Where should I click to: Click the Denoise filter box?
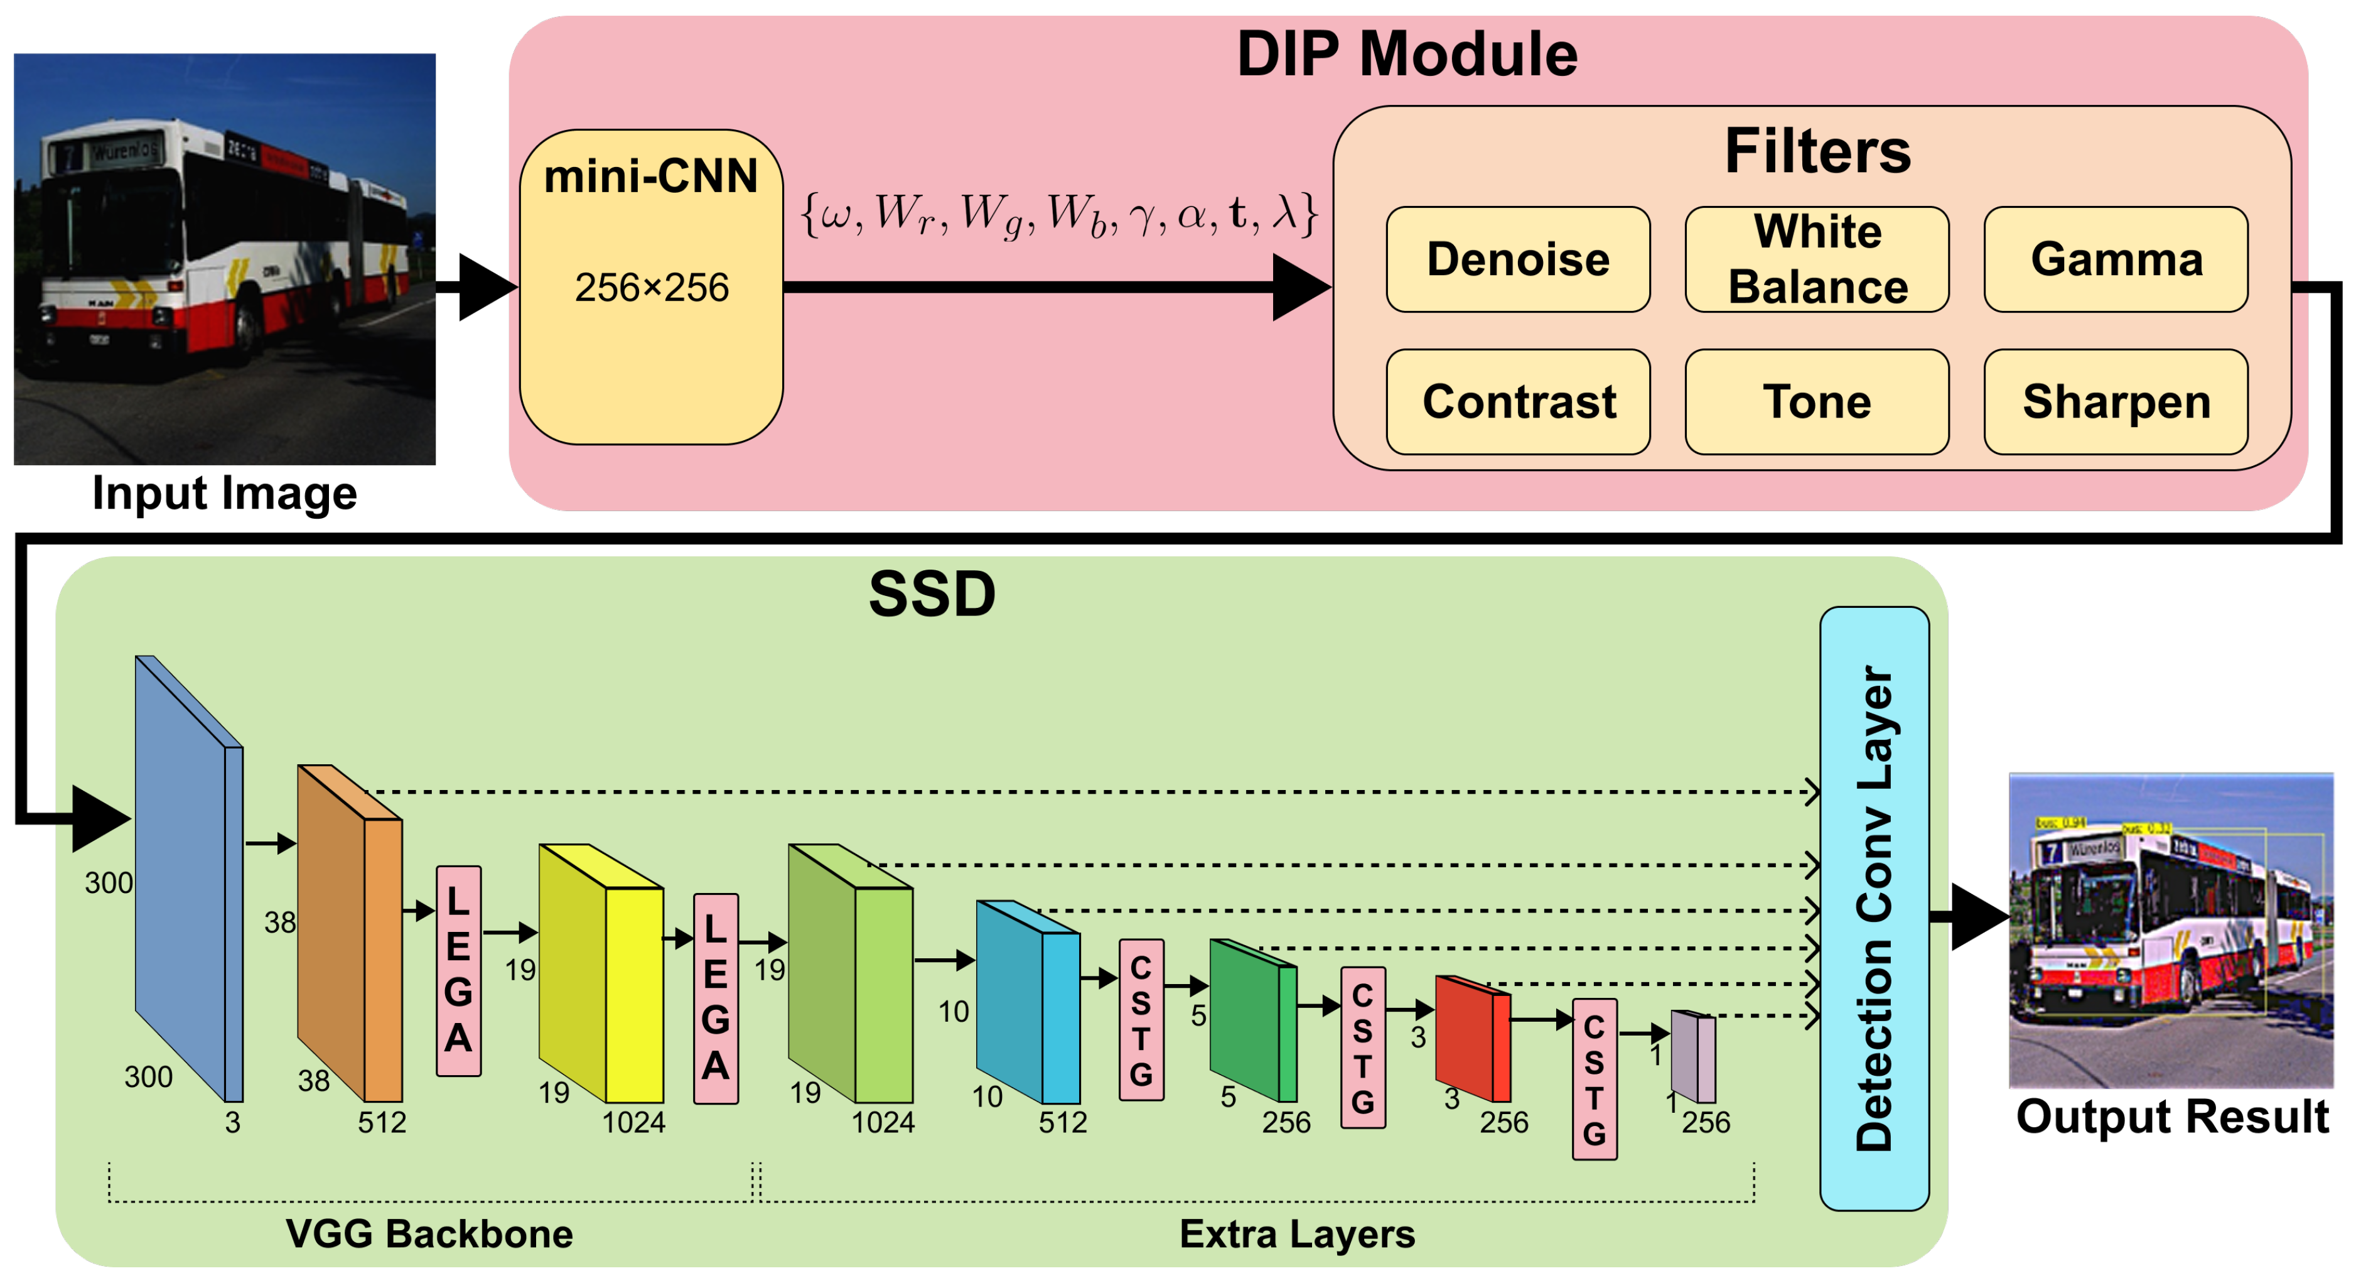point(1518,260)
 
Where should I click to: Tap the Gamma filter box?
point(2116,260)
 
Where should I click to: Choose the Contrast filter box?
point(1518,401)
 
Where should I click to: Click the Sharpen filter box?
point(2116,401)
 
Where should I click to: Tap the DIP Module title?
point(1407,55)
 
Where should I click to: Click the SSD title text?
point(931,595)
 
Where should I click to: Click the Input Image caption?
point(224,494)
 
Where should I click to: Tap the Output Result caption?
point(2172,1117)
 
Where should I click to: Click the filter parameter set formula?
point(1058,215)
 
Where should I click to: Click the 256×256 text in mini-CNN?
point(651,288)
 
